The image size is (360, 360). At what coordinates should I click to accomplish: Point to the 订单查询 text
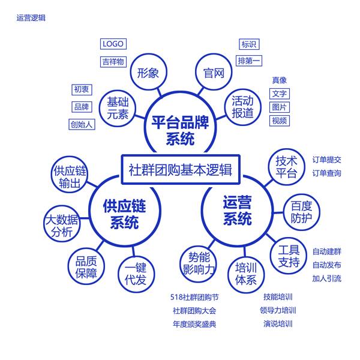click(327, 173)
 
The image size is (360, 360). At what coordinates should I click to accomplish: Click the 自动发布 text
click(327, 265)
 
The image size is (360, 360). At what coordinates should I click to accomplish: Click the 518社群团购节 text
click(194, 297)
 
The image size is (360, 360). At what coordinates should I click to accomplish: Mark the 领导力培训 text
click(278, 310)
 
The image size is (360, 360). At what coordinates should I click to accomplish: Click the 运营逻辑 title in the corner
click(31, 17)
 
